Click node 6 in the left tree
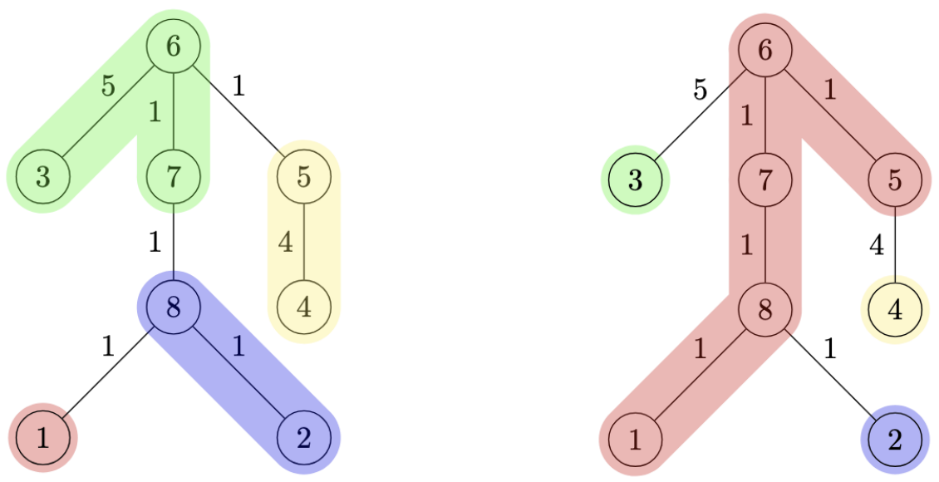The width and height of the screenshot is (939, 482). (173, 47)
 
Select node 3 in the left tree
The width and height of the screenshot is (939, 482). (42, 177)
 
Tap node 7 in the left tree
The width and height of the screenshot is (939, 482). (173, 177)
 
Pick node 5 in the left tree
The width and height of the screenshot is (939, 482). (303, 177)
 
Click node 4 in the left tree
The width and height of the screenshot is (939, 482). (303, 307)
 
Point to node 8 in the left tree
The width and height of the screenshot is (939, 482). (173, 307)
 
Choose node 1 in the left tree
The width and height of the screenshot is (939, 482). (42, 437)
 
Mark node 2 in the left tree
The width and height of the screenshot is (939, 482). (303, 437)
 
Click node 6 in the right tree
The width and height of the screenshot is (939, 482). (764, 49)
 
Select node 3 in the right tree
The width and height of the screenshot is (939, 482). (636, 180)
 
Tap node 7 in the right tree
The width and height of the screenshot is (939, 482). (764, 180)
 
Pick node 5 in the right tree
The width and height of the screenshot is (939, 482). (895, 180)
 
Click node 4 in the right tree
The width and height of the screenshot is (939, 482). (895, 309)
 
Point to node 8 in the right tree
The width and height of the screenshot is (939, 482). (764, 309)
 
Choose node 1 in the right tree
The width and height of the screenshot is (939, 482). (636, 439)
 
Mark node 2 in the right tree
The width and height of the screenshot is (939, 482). (895, 439)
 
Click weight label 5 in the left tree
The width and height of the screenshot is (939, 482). (107, 86)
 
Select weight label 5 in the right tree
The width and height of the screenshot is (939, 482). (700, 89)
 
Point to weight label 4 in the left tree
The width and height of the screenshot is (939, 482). (285, 243)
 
